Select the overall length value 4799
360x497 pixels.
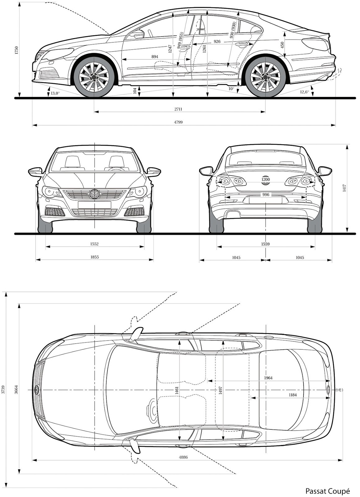coord(178,122)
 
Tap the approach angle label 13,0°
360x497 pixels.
coord(55,93)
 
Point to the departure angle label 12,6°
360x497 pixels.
coord(304,92)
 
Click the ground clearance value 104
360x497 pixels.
coord(134,91)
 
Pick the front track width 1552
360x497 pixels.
coord(94,244)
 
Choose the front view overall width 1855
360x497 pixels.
coord(94,257)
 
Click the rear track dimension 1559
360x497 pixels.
coord(265,244)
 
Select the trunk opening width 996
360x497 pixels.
coord(266,195)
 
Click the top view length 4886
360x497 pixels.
coord(183,457)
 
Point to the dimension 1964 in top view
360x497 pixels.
coord(268,378)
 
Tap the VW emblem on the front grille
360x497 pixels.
coord(94,194)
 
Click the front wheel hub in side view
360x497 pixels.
coord(94,77)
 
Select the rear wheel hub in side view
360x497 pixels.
coord(265,77)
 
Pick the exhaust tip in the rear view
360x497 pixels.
coord(230,214)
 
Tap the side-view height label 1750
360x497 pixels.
coord(17,51)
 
